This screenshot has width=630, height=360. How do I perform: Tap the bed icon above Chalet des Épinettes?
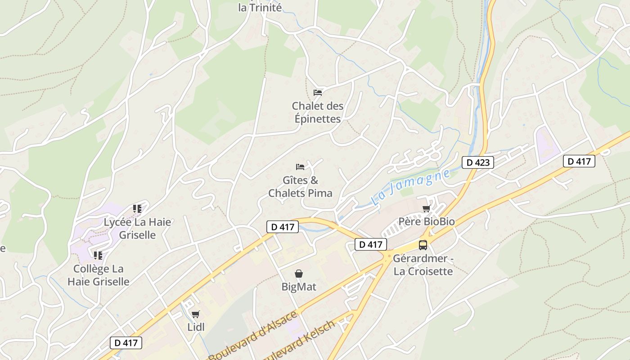318,93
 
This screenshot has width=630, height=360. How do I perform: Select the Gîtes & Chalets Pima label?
300,187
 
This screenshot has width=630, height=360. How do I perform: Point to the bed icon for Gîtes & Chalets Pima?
300,167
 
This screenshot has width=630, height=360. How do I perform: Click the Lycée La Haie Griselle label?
137,228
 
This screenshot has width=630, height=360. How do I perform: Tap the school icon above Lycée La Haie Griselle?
137,208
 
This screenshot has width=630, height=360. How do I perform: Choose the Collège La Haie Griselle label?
99,275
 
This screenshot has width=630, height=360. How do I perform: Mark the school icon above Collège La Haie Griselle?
98,256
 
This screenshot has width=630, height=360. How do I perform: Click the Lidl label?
196,327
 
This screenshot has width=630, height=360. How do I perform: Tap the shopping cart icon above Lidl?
195,314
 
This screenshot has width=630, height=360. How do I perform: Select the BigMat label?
299,287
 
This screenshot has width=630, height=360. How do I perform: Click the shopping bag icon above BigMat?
299,274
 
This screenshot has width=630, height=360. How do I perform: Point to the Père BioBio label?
427,221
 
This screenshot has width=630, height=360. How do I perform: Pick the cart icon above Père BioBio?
426,208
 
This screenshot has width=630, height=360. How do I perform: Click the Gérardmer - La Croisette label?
423,265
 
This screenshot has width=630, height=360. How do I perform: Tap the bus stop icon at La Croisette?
423,245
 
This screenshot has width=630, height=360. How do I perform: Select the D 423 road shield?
478,162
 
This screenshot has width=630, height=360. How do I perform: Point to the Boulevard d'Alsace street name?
253,335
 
